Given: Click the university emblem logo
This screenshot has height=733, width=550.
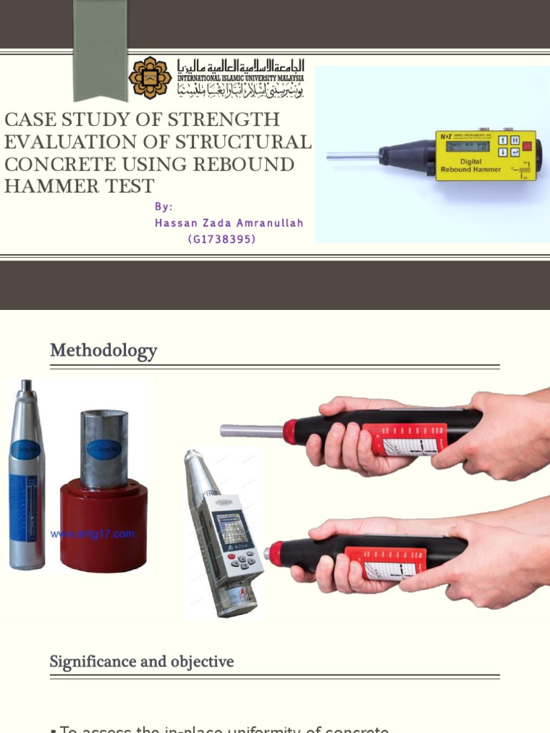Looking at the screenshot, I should pyautogui.click(x=150, y=77).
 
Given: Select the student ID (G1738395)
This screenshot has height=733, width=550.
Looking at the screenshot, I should pyautogui.click(x=221, y=239).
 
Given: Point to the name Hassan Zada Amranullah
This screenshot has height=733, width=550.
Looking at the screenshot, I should pyautogui.click(x=229, y=223).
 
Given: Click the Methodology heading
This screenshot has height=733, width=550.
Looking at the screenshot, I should pyautogui.click(x=103, y=351).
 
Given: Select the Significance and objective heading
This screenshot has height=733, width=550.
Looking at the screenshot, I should pyautogui.click(x=142, y=661).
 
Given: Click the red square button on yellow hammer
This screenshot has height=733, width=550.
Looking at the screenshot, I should pyautogui.click(x=526, y=146).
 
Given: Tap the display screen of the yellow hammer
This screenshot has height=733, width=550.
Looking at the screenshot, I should pyautogui.click(x=468, y=146).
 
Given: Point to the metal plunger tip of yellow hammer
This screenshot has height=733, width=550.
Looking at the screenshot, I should pyautogui.click(x=352, y=155).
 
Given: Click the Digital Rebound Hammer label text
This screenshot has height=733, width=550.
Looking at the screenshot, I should pyautogui.click(x=471, y=165).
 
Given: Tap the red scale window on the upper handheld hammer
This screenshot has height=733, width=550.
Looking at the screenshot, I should pyautogui.click(x=404, y=439).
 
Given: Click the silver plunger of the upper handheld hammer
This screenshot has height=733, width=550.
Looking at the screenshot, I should pyautogui.click(x=251, y=431).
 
